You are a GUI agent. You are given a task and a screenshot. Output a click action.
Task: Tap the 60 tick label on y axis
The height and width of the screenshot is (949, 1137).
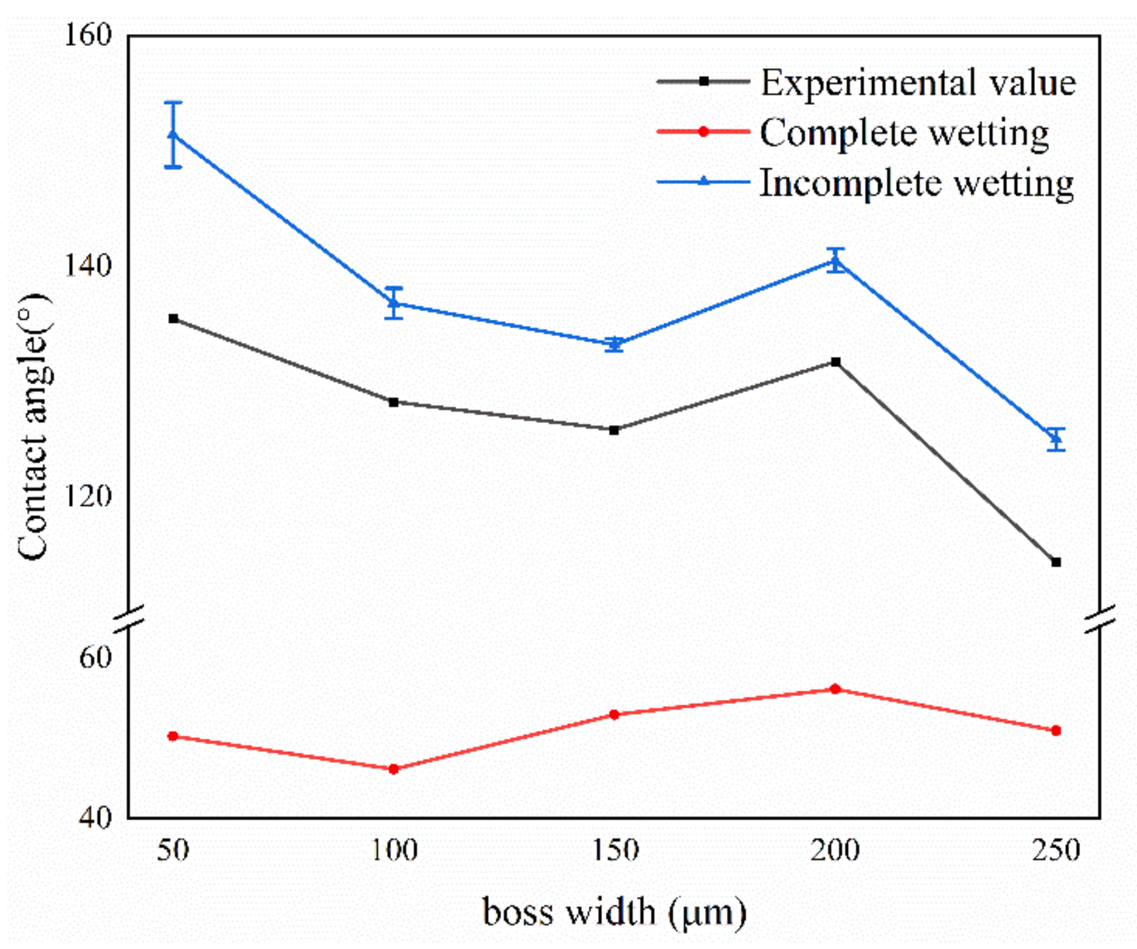pyautogui.click(x=94, y=657)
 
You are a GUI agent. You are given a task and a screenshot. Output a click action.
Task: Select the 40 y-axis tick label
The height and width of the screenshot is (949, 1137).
pyautogui.click(x=94, y=817)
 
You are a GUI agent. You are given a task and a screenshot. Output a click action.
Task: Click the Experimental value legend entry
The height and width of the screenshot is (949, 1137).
pyautogui.click(x=918, y=82)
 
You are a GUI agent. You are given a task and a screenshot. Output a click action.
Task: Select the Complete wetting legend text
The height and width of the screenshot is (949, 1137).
pyautogui.click(x=904, y=133)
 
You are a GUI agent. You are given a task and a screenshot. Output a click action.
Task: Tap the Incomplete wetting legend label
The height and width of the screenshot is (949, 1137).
pyautogui.click(x=917, y=183)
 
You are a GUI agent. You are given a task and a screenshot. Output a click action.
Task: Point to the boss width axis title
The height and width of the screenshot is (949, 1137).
pyautogui.click(x=614, y=912)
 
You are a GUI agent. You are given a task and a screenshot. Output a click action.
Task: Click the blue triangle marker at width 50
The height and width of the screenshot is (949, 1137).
pyautogui.click(x=173, y=134)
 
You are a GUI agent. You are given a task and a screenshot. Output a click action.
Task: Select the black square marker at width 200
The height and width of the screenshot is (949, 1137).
pyautogui.click(x=835, y=362)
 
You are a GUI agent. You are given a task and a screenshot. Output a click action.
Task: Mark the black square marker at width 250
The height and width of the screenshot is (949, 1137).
pyautogui.click(x=1056, y=562)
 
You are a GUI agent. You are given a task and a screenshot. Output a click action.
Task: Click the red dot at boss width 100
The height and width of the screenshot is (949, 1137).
pyautogui.click(x=393, y=769)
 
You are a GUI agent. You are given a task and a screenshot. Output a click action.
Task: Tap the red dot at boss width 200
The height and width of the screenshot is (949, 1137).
pyautogui.click(x=835, y=689)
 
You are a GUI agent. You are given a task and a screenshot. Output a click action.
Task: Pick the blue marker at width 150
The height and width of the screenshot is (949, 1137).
pyautogui.click(x=614, y=344)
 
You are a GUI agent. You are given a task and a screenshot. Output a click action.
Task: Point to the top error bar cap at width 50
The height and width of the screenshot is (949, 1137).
pyautogui.click(x=173, y=103)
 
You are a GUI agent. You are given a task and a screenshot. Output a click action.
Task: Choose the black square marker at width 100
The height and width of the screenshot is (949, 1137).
pyautogui.click(x=393, y=402)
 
